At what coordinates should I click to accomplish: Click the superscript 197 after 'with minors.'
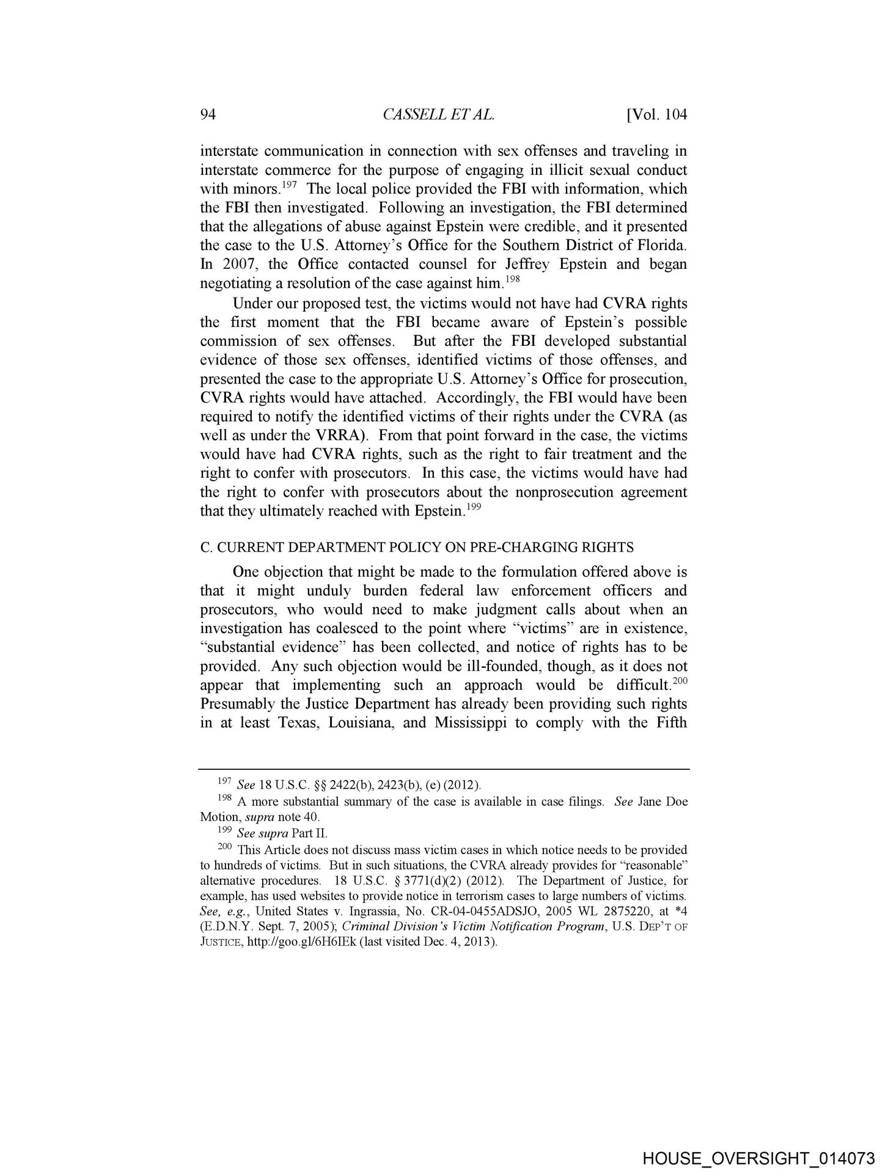[289, 184]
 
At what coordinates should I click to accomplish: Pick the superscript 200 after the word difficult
[680, 680]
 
